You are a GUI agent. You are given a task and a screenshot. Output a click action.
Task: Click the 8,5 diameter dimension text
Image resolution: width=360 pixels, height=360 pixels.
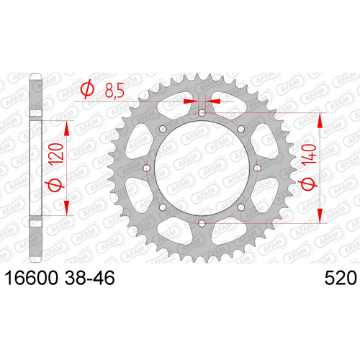point(114,90)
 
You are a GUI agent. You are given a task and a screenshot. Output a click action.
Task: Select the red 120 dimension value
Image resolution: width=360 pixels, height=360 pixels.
point(55,153)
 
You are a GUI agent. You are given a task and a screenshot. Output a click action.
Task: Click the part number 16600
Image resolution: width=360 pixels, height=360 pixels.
point(32,278)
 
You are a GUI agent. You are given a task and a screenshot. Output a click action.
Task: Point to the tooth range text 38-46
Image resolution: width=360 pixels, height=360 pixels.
point(90,278)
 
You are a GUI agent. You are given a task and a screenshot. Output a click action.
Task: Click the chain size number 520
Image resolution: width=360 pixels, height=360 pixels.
point(341,278)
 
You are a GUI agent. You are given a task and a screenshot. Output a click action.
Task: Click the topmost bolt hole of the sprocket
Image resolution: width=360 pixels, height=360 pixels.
point(202,112)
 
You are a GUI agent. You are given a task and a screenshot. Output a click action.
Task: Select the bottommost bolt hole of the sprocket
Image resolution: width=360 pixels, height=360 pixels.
point(202,223)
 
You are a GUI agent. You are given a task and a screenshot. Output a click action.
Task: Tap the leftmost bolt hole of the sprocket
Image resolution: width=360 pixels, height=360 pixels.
point(146,168)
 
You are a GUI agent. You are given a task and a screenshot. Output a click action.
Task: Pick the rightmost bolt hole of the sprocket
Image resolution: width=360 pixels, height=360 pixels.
point(258,168)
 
